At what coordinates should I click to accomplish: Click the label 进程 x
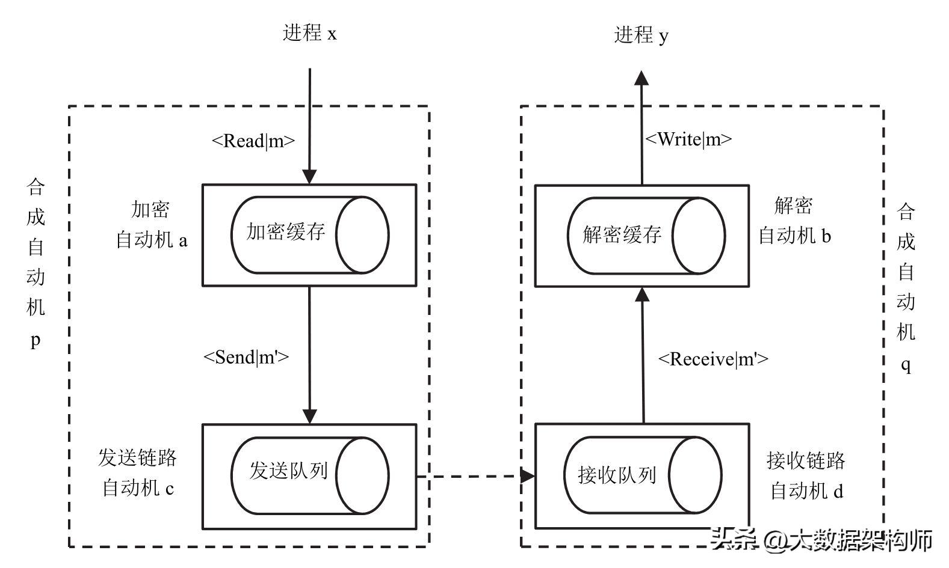(309, 33)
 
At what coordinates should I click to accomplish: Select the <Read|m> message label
(253, 141)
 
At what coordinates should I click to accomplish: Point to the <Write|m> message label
(688, 139)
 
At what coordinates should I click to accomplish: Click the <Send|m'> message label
(246, 357)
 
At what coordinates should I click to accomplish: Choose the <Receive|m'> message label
(713, 359)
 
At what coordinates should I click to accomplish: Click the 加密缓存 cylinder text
(285, 232)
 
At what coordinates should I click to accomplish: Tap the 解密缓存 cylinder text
(622, 234)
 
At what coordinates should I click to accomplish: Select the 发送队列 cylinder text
(288, 471)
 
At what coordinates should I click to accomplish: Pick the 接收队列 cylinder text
(616, 475)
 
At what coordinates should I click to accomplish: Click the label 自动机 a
(151, 240)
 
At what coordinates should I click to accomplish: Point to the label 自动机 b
(794, 236)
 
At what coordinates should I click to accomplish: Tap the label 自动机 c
(138, 487)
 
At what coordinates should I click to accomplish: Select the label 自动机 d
(806, 491)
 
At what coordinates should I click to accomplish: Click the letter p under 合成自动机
(36, 341)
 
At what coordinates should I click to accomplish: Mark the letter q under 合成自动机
(906, 365)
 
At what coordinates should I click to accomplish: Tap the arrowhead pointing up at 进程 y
(641, 79)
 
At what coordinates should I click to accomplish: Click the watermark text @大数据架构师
(847, 539)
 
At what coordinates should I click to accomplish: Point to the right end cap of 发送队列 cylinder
(362, 475)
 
